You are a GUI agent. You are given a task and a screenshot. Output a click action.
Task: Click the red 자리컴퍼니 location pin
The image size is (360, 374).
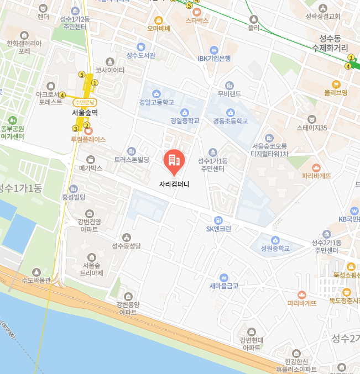[174, 161]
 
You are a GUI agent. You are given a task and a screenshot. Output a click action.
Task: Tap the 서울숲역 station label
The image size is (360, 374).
[85, 112]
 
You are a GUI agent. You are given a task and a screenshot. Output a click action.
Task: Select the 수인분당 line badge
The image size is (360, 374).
[85, 102]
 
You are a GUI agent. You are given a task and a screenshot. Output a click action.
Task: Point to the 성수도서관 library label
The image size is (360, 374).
[141, 55]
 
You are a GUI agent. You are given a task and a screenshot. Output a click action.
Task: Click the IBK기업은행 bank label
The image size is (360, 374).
[214, 58]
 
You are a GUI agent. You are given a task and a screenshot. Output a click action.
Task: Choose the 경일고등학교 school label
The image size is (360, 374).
[156, 102]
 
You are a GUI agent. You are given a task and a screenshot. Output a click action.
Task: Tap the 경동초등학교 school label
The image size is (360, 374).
[226, 120]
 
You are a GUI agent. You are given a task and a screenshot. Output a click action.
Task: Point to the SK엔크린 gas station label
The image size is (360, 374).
[218, 229]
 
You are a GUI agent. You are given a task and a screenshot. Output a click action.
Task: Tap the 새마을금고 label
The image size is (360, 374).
[223, 286]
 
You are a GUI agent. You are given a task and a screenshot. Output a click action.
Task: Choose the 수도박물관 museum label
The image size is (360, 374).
[36, 280]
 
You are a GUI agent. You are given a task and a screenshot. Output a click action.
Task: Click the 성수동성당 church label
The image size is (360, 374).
[127, 246]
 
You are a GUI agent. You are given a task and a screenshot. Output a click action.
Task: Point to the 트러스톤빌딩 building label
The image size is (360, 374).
[132, 159]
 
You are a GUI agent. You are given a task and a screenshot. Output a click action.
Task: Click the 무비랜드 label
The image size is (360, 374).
[229, 93]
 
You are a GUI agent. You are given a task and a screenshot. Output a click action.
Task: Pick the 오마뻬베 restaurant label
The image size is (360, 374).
[159, 28]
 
